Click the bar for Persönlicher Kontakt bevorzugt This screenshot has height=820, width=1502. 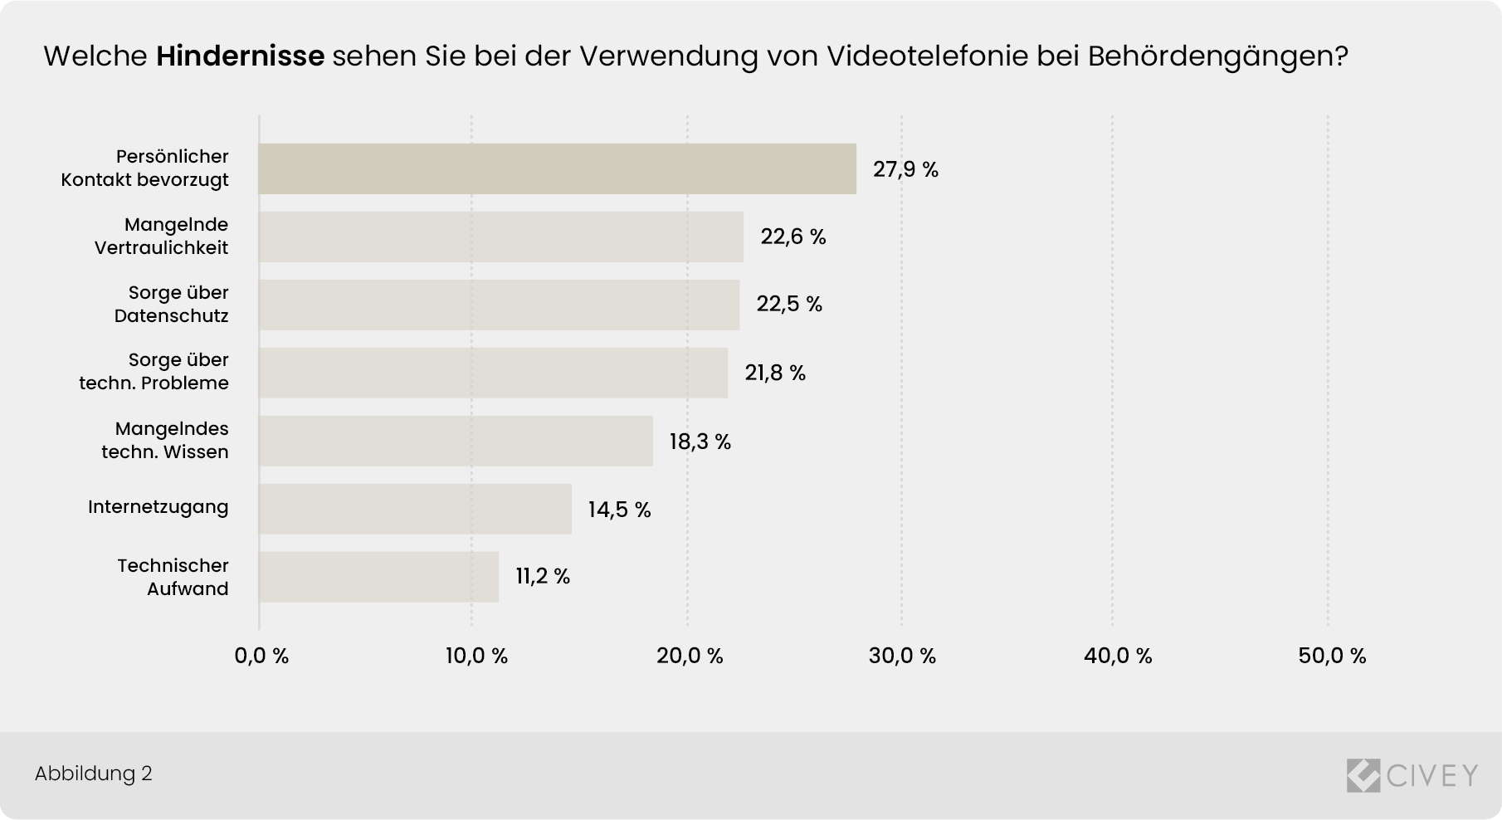[x=557, y=168]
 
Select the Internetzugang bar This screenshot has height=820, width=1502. [x=415, y=509]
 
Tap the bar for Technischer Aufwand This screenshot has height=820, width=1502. [x=378, y=577]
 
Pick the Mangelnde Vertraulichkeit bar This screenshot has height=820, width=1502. [x=500, y=237]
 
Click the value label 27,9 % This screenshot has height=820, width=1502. [x=905, y=170]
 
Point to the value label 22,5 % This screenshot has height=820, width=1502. [x=788, y=305]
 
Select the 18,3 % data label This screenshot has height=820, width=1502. [x=700, y=442]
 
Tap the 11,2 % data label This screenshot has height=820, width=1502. [x=543, y=577]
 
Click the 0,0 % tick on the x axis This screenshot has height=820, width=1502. [x=261, y=656]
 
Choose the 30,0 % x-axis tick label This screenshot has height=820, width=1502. [x=902, y=656]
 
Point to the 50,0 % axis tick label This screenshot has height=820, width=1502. [x=1331, y=656]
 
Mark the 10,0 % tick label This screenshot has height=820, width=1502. [x=476, y=656]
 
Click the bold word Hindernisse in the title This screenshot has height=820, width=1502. [x=240, y=56]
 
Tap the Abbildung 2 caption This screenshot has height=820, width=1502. [x=93, y=774]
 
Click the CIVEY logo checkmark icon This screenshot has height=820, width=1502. [x=1363, y=775]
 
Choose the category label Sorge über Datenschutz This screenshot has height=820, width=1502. [x=172, y=305]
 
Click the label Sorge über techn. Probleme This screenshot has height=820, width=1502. [x=154, y=372]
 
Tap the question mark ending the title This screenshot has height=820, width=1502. [x=1340, y=56]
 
